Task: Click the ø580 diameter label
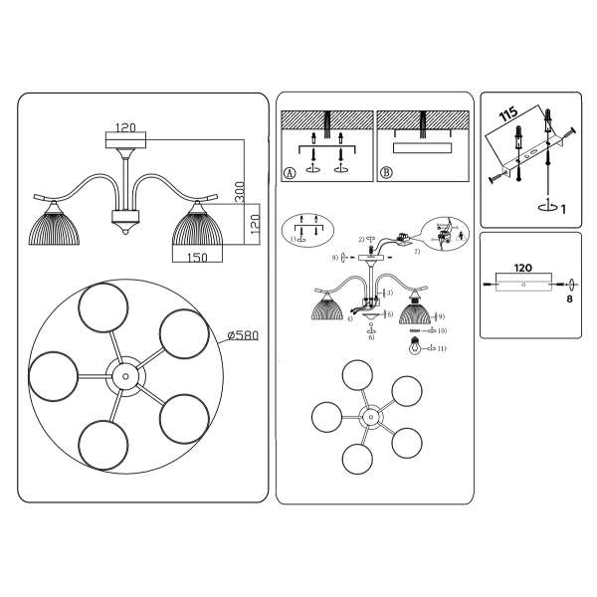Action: pyautogui.click(x=243, y=335)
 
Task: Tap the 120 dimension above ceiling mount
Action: pyautogui.click(x=125, y=127)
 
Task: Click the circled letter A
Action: pyautogui.click(x=290, y=172)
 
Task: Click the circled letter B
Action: pyautogui.click(x=386, y=172)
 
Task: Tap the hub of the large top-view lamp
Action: pyautogui.click(x=125, y=377)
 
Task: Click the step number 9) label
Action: pyautogui.click(x=442, y=316)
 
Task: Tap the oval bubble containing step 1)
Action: pyautogui.click(x=303, y=229)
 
